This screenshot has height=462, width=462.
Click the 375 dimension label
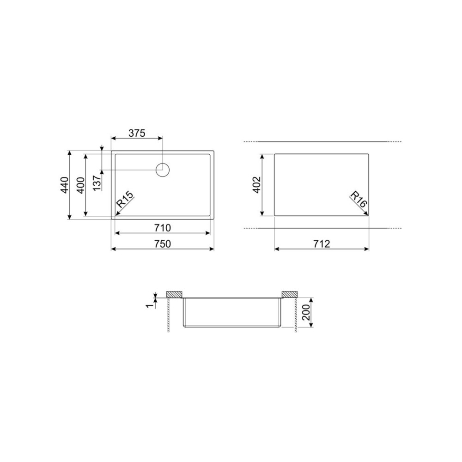coord(137,134)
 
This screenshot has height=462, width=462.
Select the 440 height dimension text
coord(65,185)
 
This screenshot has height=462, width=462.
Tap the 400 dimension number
coord(81,185)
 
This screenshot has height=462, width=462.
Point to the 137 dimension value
coord(97,183)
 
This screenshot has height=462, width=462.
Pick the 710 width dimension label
coord(162,228)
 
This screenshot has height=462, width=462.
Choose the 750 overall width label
coord(162,244)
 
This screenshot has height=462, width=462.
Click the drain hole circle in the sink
coord(163,170)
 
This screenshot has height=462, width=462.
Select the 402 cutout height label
coord(257,185)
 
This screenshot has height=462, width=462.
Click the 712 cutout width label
coord(321,244)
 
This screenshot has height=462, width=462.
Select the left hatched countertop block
coord(175,294)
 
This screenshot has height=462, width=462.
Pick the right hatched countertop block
coord(289,294)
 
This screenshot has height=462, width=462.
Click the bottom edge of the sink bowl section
coord(232,328)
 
